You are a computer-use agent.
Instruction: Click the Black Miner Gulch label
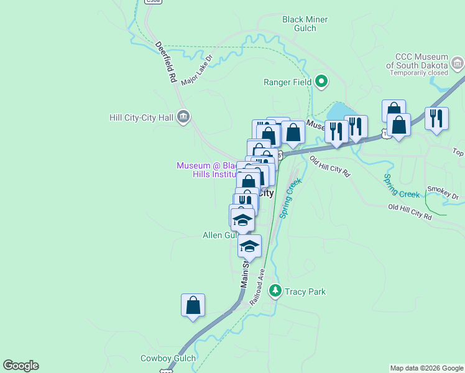click(305, 24)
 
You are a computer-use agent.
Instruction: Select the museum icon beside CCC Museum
click(458, 63)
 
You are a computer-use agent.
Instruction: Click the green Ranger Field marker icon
click(321, 81)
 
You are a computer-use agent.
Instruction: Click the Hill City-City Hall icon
click(183, 116)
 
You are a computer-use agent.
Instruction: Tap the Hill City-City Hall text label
click(141, 117)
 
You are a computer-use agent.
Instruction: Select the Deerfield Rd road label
click(167, 63)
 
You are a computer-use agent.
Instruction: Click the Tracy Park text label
click(305, 292)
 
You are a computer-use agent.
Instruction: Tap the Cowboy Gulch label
click(168, 358)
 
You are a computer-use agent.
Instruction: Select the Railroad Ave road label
click(257, 286)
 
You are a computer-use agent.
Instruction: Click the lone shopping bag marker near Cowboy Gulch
click(193, 305)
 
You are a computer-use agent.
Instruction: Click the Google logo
click(21, 366)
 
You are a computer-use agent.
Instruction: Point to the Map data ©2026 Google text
click(426, 368)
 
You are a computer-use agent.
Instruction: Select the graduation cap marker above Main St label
click(249, 246)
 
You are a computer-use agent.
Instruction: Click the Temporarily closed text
click(419, 73)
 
